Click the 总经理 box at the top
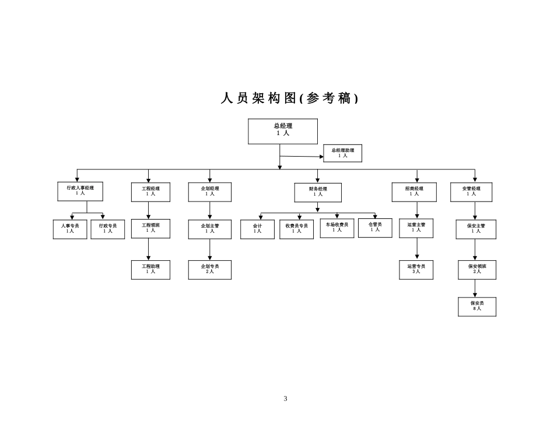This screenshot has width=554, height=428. [283, 131]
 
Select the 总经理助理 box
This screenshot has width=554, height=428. [342, 153]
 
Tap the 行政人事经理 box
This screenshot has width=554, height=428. [80, 192]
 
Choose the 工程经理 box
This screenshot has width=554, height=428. [150, 192]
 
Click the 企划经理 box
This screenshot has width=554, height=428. [210, 192]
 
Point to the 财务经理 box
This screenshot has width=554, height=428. [318, 192]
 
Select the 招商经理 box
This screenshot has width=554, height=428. [414, 192]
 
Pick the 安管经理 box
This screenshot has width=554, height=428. [471, 192]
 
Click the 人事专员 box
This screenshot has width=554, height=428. [70, 229]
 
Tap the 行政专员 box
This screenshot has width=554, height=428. [108, 229]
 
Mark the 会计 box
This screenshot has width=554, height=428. [257, 229]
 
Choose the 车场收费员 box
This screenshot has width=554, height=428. [336, 228]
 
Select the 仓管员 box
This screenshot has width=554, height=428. [375, 228]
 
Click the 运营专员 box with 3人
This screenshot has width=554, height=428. [416, 269]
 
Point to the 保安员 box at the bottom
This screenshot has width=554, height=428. [477, 306]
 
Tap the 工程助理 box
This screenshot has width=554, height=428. [150, 269]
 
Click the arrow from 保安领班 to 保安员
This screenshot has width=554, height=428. [475, 288]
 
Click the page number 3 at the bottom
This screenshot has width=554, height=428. [285, 399]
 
